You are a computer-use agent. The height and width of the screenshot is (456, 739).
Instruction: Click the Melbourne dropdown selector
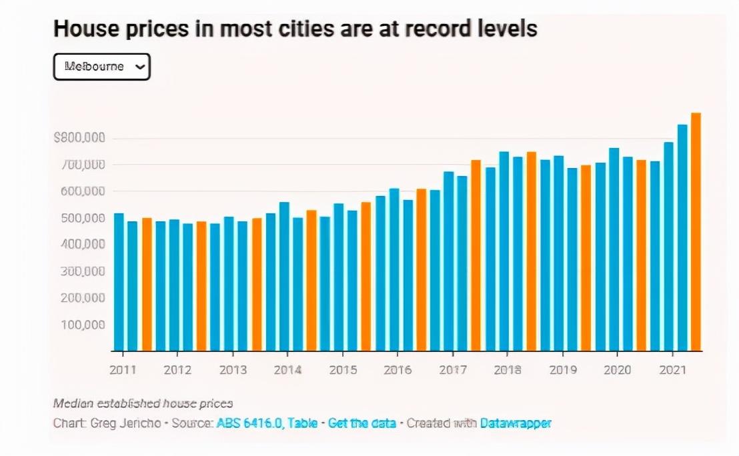pyautogui.click(x=101, y=67)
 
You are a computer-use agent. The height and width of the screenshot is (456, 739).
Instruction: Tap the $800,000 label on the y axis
pyautogui.click(x=79, y=138)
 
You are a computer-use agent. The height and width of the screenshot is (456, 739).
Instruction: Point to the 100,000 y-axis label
pyautogui.click(x=82, y=325)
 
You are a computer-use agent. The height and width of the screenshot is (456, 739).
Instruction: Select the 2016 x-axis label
pyautogui.click(x=398, y=370)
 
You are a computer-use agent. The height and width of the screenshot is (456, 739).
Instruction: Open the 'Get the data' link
pyautogui.click(x=362, y=423)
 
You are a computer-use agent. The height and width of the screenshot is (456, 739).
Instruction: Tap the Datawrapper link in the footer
pyautogui.click(x=516, y=423)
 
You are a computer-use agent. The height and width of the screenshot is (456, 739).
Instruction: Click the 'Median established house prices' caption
pyautogui.click(x=143, y=403)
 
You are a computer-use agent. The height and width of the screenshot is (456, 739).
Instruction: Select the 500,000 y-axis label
pyautogui.click(x=82, y=218)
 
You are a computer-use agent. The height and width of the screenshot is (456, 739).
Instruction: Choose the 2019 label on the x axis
pyautogui.click(x=563, y=370)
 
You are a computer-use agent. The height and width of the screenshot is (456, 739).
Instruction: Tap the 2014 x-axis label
pyautogui.click(x=287, y=370)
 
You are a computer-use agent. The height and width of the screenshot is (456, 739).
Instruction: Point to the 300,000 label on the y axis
pyautogui.click(x=82, y=271)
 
